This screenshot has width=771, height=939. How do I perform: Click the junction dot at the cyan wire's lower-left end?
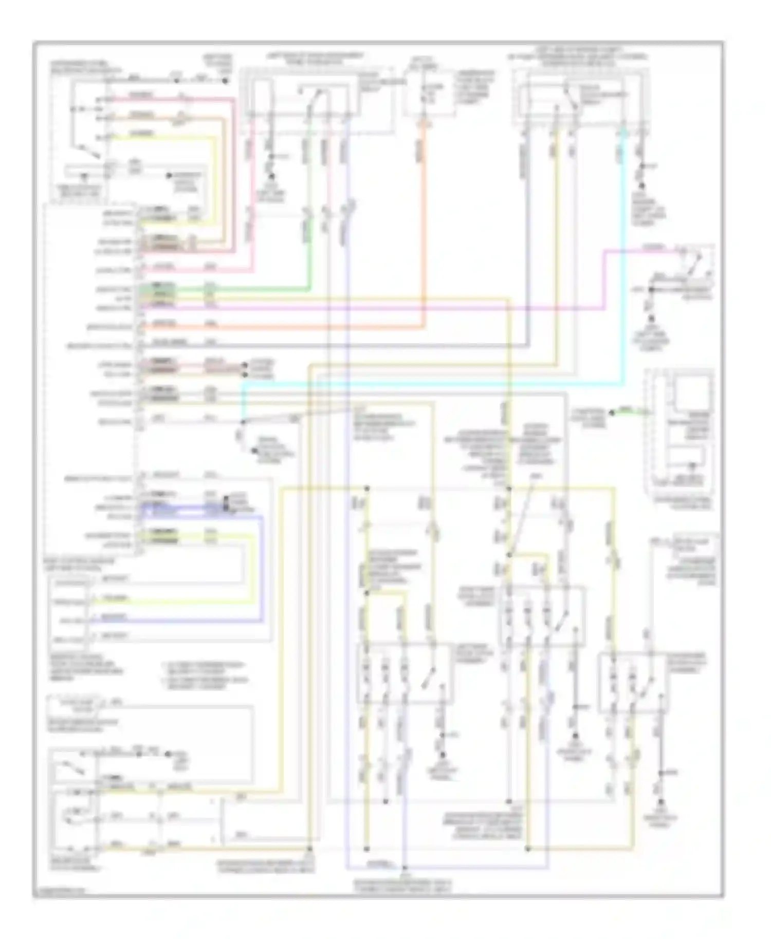pos(243,422)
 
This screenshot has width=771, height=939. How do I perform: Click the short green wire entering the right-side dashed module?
pos(628,411)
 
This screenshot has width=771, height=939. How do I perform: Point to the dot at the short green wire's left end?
pos(612,412)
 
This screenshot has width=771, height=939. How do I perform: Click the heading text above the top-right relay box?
pos(578,57)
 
